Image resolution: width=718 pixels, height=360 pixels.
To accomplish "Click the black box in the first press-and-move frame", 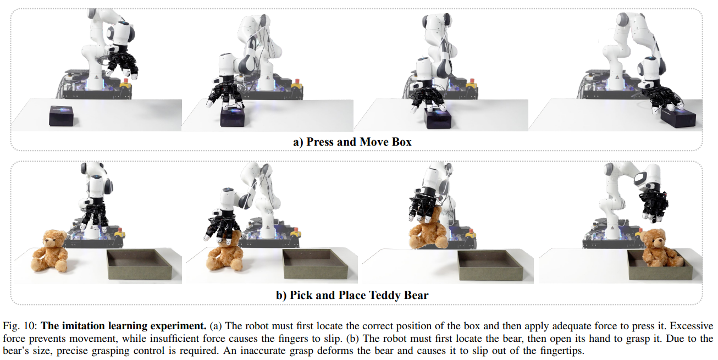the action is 61,115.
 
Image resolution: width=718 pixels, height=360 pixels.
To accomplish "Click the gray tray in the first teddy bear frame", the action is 140,264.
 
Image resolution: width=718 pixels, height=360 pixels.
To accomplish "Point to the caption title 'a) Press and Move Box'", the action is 352,142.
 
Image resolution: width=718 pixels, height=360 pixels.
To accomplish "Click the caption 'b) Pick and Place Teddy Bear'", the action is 352,295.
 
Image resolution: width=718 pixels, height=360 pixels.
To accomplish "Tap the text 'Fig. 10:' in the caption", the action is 20,326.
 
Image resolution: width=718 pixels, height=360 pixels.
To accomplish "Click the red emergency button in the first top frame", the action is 126,80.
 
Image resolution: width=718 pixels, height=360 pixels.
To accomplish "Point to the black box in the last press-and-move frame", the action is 678,118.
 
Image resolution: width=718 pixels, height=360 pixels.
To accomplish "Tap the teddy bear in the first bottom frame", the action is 50,251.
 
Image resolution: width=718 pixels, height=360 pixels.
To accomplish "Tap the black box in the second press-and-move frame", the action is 233,117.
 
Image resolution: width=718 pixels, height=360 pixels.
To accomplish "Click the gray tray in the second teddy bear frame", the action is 315,264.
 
